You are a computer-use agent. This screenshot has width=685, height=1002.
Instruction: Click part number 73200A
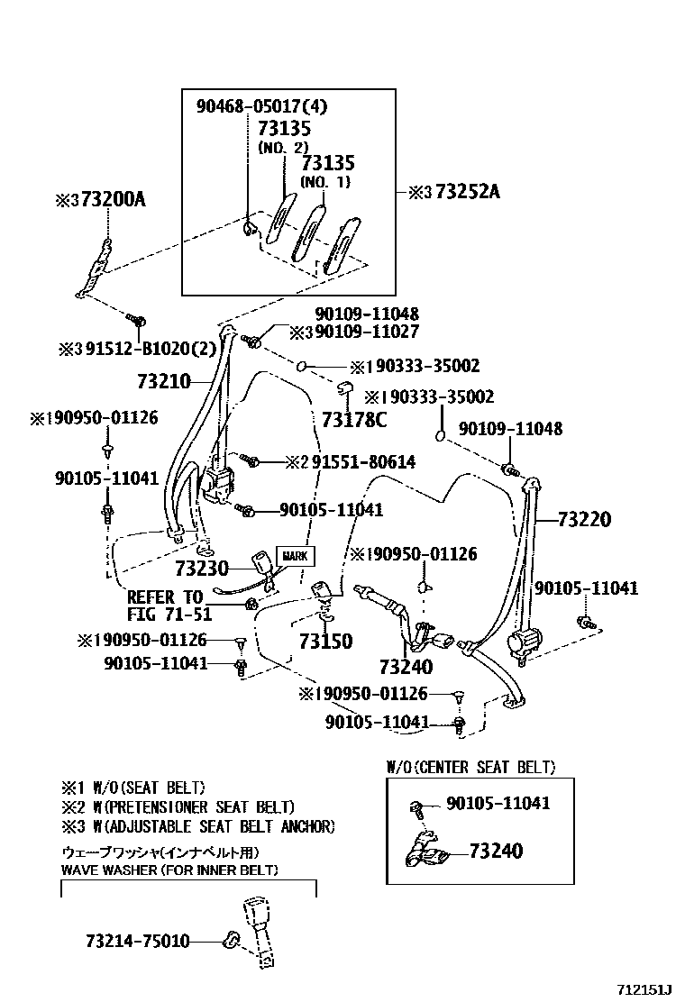tap(112, 198)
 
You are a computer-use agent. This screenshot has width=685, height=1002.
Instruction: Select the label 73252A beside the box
tap(467, 192)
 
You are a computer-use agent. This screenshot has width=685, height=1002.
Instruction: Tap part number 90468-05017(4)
tap(261, 106)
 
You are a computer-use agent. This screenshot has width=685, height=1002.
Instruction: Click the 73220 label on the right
tap(584, 520)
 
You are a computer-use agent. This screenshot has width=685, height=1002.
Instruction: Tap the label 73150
tap(325, 642)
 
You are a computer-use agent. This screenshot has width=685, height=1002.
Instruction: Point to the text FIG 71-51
tap(169, 615)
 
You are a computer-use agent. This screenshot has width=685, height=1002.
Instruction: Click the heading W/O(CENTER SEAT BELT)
tap(470, 768)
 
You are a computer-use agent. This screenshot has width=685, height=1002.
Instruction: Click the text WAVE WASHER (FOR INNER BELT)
tap(169, 870)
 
